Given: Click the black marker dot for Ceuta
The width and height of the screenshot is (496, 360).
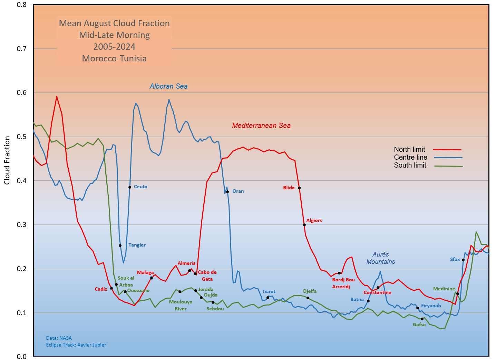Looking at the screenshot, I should tap(130, 187).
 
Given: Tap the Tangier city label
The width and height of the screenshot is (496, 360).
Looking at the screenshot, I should tap(137, 245).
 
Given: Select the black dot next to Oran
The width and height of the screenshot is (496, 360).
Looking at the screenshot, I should tap(227, 192).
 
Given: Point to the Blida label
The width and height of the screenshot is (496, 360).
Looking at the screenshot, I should tap(289, 188).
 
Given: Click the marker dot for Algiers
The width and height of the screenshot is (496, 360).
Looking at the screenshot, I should tap(304, 225).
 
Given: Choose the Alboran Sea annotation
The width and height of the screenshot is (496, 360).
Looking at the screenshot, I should tap(168, 87).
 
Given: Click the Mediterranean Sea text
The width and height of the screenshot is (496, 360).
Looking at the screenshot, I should tap(261, 126).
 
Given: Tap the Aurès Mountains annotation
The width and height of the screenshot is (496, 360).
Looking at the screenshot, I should tap(381, 258).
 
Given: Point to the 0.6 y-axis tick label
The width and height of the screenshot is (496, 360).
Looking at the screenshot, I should tap(22, 93).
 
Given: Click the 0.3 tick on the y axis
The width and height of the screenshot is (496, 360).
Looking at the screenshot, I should tap(22, 225).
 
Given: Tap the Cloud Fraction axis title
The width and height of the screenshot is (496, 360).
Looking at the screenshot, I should tap(7, 160).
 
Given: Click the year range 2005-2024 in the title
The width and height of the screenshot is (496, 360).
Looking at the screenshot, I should tap(114, 47).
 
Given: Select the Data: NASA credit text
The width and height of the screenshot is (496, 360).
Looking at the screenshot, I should tap(59, 338).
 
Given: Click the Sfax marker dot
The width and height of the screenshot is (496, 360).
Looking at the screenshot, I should tap(463, 260).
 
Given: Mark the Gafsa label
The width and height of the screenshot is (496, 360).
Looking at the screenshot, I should tap(419, 324).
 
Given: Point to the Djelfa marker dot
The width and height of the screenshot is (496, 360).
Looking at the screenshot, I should tap(308, 298).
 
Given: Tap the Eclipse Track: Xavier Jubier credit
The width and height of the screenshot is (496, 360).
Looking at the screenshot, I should tap(76, 345).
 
